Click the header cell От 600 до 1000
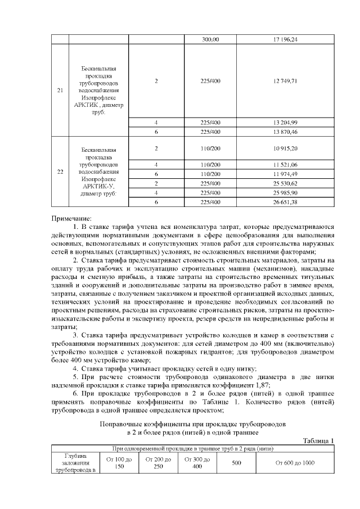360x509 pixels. coord(295,462)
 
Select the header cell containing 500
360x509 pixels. coord(236,462)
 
